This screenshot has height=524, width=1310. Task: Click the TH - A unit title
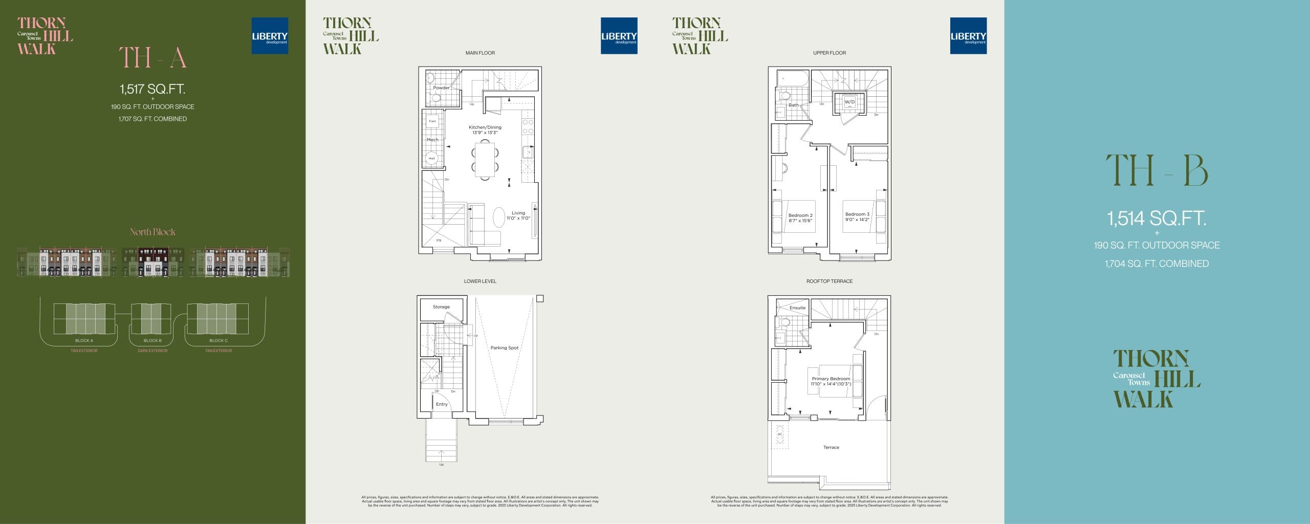tap(152, 57)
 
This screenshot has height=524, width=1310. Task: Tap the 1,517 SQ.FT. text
tap(152, 89)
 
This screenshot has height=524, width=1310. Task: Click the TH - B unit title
tap(1156, 171)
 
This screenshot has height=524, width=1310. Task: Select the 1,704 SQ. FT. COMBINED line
tap(1156, 264)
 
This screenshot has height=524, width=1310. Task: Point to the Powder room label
tap(441, 88)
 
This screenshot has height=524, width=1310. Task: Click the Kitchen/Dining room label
tap(485, 127)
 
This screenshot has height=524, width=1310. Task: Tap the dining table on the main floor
tap(484, 159)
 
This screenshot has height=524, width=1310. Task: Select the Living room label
tap(518, 213)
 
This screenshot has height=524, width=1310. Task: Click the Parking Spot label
tap(504, 347)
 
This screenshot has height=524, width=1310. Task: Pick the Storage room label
tap(441, 307)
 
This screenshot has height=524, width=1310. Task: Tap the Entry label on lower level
tap(442, 404)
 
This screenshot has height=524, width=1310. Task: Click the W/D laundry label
tap(849, 102)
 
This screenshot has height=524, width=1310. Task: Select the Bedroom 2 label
tap(800, 215)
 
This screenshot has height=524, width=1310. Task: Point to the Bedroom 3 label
tap(857, 214)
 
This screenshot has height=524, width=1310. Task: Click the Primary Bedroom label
tap(831, 379)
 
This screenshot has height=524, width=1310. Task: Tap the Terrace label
tap(831, 447)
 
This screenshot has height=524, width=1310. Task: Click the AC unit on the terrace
tap(780, 434)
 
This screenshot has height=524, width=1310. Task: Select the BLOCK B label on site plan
tap(152, 340)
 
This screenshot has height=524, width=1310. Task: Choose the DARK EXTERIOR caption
tap(152, 351)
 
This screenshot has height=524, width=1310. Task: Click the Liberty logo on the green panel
tap(270, 36)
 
